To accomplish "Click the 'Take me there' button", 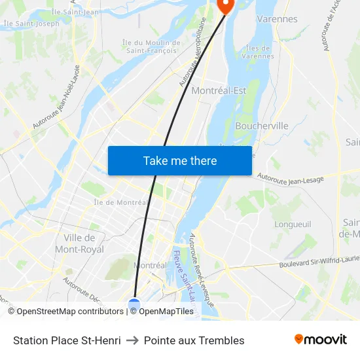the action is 180,160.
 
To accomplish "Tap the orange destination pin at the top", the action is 225,5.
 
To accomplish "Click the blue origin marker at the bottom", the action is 134,305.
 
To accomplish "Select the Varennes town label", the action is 277,19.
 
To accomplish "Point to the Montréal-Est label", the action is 219,91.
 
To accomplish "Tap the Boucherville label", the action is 261,126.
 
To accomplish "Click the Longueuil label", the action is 293,224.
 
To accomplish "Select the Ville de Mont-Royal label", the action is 80,243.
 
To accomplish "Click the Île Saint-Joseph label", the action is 31,24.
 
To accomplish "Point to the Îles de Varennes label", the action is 258,52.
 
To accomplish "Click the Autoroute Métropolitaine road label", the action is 193,52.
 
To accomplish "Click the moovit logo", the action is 321,340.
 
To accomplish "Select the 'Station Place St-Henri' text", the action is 67,340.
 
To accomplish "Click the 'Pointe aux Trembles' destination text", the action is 194,340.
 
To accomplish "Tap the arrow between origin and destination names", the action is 132,340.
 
